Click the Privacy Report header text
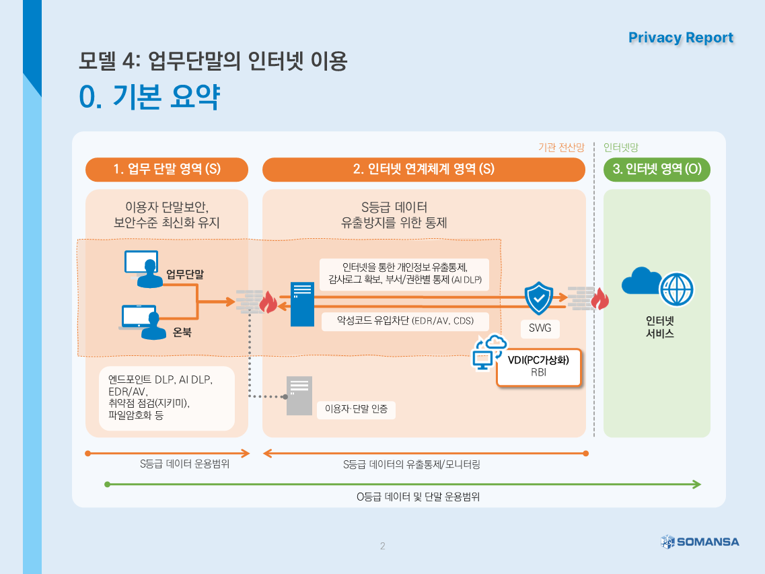(680, 38)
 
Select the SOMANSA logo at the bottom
(700, 541)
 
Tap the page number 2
(383, 546)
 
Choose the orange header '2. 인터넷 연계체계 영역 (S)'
(424, 170)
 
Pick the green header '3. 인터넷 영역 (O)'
(657, 170)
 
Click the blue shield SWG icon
(538, 299)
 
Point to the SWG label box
(540, 328)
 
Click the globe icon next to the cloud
(676, 289)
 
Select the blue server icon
(302, 304)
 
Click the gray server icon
(299, 396)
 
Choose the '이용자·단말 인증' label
(356, 409)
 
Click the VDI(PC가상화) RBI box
(538, 367)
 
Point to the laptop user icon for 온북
(139, 322)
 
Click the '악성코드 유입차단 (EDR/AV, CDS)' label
(406, 321)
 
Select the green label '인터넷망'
(620, 147)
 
